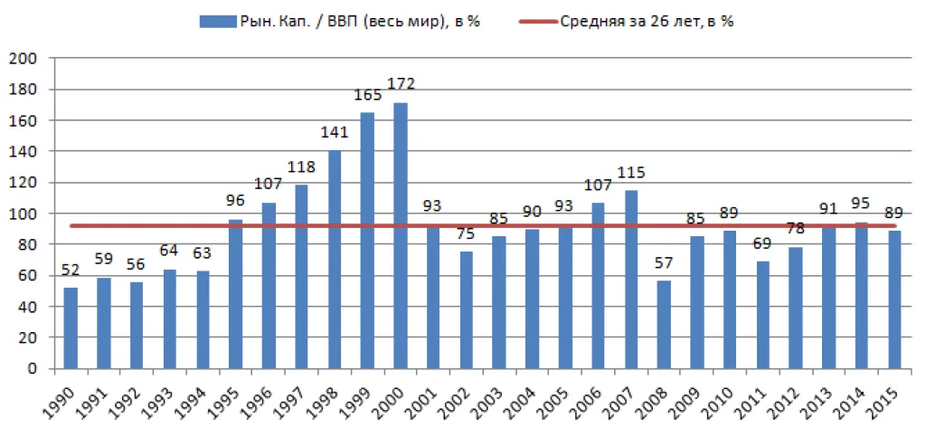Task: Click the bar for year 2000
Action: click(401, 235)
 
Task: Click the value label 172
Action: click(401, 83)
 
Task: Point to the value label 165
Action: click(368, 94)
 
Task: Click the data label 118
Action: click(302, 167)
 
